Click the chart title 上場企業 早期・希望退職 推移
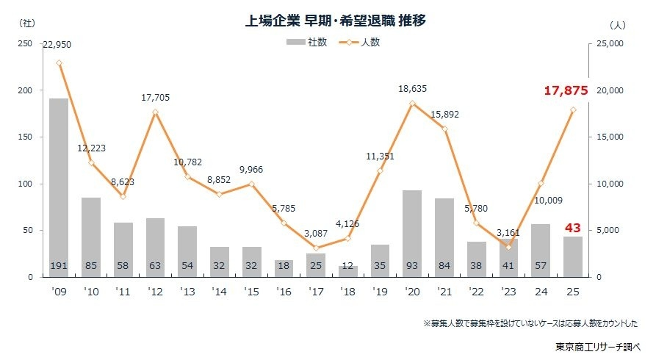pyautogui.click(x=336, y=21)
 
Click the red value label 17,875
pyautogui.click(x=566, y=91)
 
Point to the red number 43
pyautogui.click(x=572, y=228)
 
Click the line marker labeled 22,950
pyautogui.click(x=59, y=62)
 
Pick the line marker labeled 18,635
pyautogui.click(x=412, y=103)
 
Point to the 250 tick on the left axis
pyautogui.click(x=26, y=44)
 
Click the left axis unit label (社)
pyautogui.click(x=26, y=24)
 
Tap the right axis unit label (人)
pyautogui.click(x=617, y=24)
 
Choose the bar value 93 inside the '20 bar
pyautogui.click(x=412, y=265)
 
